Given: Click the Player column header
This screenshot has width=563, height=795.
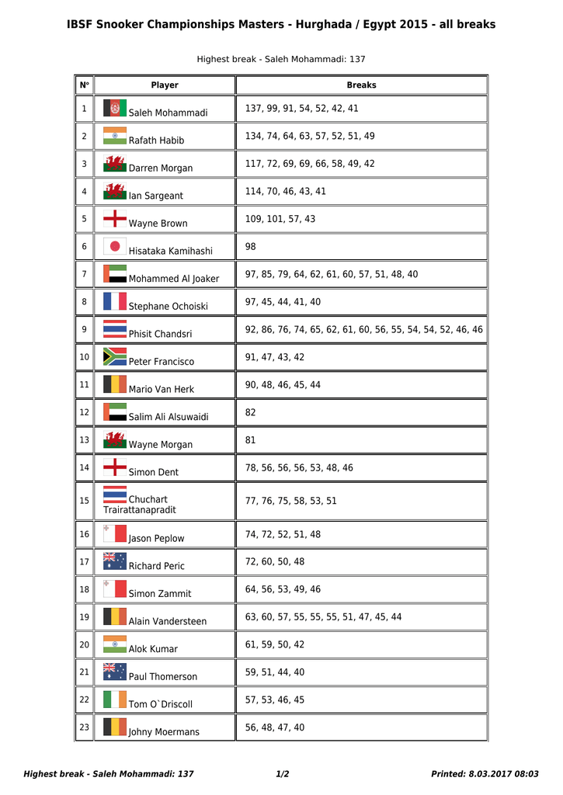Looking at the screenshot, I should (x=164, y=85).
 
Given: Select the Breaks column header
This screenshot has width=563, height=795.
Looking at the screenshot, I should (x=361, y=85).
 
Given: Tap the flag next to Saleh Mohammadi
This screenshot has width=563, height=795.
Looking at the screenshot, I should (x=115, y=108).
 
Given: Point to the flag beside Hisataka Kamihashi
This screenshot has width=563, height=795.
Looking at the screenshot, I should (x=115, y=246).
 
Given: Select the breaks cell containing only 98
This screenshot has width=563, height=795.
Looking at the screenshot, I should (x=251, y=247).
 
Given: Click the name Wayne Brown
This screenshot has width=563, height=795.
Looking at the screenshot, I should (x=158, y=224).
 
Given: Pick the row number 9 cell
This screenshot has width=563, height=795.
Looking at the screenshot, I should (x=84, y=329).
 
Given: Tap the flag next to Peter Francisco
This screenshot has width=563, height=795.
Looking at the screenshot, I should (x=115, y=356).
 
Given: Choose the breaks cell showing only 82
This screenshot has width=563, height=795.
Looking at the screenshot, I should (x=251, y=412).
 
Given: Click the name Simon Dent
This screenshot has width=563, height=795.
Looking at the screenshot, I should (x=153, y=472).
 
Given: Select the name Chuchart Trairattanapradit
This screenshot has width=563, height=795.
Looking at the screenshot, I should (x=140, y=505).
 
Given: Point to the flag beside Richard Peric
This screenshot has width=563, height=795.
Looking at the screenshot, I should (x=115, y=561).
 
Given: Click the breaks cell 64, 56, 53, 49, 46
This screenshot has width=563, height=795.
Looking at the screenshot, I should (x=283, y=589).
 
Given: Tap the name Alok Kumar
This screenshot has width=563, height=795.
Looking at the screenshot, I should (x=153, y=649).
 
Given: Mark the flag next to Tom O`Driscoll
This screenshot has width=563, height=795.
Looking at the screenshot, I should (x=115, y=699).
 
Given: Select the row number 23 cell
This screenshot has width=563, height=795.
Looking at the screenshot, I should (x=84, y=727).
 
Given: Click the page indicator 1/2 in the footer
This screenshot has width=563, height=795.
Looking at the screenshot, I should (x=283, y=774).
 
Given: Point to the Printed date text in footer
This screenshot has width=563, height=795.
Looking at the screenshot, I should (x=485, y=774).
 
